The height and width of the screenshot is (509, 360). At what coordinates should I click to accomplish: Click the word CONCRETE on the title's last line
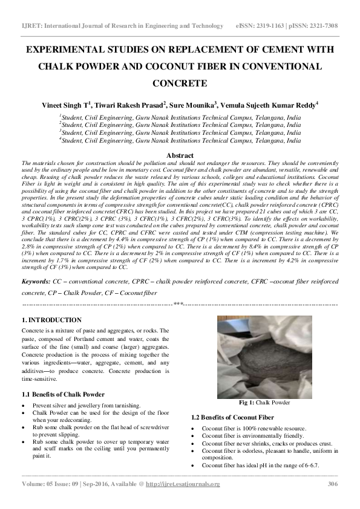tap(180, 83)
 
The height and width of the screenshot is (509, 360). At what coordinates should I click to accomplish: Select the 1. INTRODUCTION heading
tap(51, 320)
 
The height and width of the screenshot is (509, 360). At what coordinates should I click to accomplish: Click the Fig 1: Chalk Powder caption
tap(265, 403)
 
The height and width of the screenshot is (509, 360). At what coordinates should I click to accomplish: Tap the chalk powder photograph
tap(264, 357)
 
